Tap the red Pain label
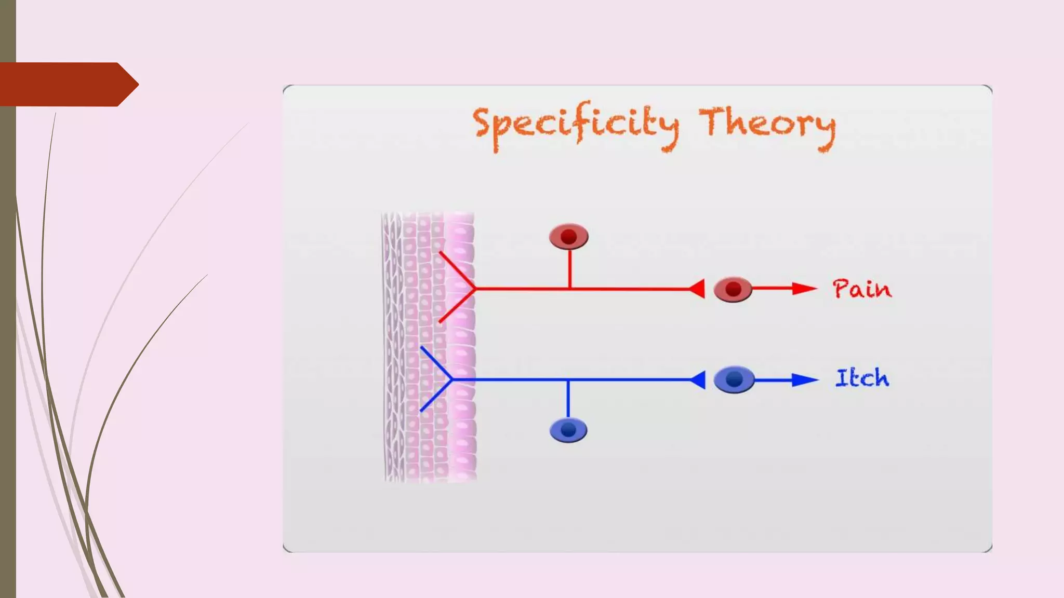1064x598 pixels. [x=862, y=289]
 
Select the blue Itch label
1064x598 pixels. [x=862, y=378]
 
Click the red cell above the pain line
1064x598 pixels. [x=569, y=237]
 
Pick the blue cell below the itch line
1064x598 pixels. [x=568, y=430]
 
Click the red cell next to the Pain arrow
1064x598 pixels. [x=733, y=289]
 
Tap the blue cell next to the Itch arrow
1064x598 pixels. [x=734, y=379]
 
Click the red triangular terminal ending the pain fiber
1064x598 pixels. [x=698, y=289]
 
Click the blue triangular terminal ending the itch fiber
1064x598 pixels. [x=698, y=380]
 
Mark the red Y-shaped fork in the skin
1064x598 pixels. [x=457, y=288]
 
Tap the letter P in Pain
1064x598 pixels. [x=842, y=289]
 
